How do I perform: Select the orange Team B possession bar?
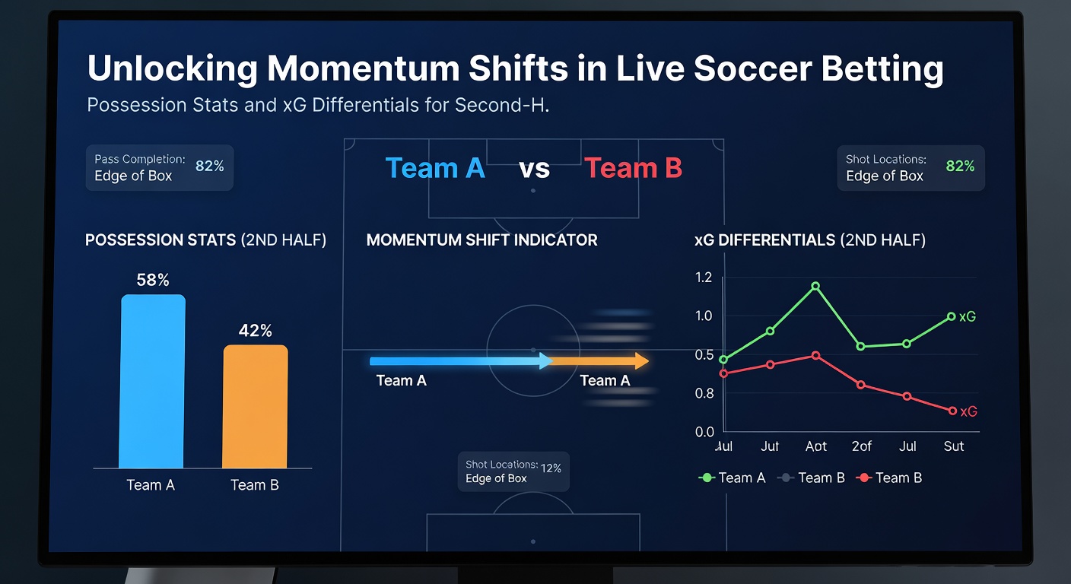point(255,406)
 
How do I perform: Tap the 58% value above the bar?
point(153,281)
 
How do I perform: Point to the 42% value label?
point(256,331)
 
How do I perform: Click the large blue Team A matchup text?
point(435,168)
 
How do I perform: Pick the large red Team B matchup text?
point(633,168)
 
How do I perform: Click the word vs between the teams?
point(534,169)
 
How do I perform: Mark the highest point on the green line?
point(815,287)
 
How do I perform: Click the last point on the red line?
point(952,411)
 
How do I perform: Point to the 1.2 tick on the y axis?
point(704,277)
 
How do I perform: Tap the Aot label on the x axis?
point(815,446)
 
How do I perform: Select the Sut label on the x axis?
point(953,446)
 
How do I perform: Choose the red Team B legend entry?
point(889,478)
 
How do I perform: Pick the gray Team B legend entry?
point(812,478)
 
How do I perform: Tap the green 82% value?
point(960,166)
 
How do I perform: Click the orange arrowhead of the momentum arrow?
point(641,361)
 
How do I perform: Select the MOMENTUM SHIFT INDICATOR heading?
point(481,240)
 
